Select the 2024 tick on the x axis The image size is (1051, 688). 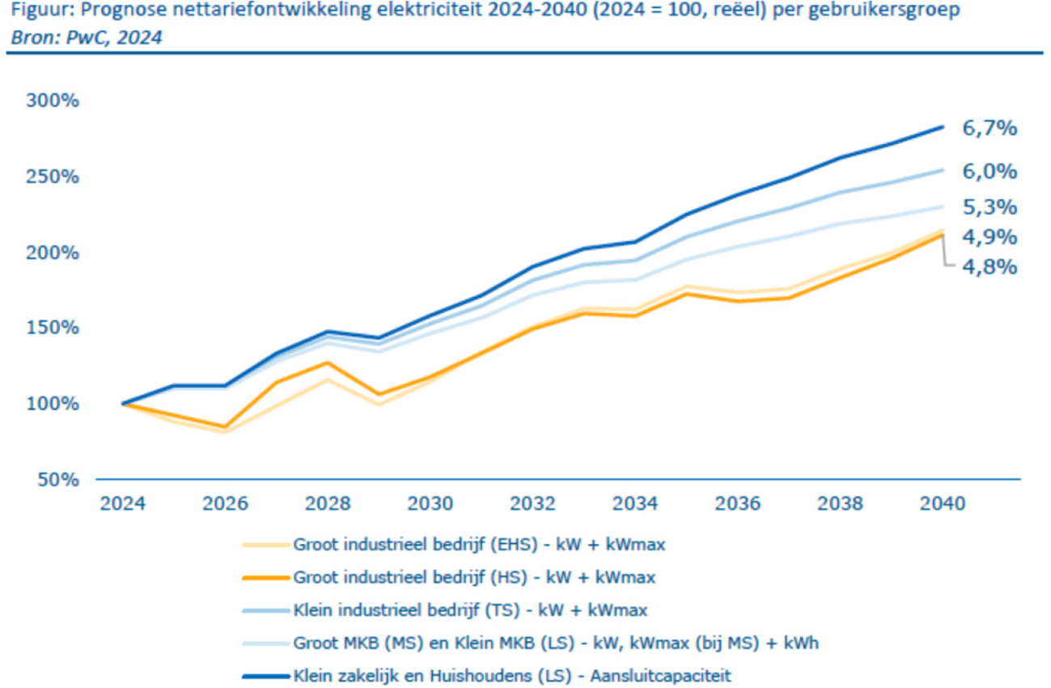122,503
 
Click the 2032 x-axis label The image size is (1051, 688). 532,503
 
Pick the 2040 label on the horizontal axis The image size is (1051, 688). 943,503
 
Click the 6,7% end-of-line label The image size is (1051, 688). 989,129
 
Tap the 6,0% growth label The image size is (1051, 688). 989,172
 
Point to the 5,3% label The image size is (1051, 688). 989,208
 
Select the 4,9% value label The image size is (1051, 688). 989,237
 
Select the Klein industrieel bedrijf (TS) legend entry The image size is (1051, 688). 470,609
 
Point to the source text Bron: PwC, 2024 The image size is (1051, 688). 83,38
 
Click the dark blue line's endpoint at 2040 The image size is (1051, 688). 943,127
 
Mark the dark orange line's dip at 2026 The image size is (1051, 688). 225,427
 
